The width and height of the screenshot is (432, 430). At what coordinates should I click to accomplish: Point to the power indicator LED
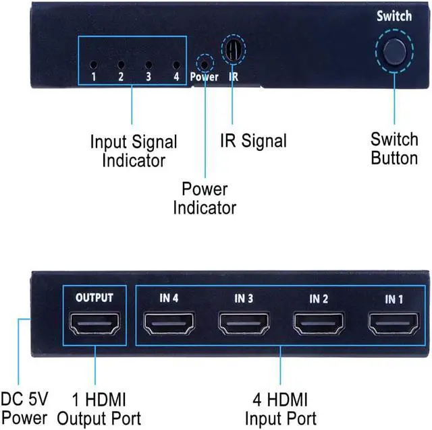(x=204, y=65)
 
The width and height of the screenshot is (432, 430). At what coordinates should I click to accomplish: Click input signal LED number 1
(x=94, y=65)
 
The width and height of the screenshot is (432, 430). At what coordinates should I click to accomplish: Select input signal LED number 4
(x=175, y=65)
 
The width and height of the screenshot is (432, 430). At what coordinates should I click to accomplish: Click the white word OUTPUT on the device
(x=94, y=297)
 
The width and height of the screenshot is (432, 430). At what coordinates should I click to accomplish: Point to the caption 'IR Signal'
(x=253, y=141)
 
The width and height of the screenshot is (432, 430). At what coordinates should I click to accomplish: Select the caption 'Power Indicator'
(x=205, y=198)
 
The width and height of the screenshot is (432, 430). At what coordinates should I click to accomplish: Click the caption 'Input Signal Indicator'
(x=134, y=152)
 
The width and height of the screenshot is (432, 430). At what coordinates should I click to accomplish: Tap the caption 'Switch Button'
(x=394, y=149)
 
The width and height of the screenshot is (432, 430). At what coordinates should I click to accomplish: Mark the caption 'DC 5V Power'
(x=24, y=408)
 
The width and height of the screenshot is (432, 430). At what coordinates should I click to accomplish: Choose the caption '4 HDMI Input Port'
(x=280, y=408)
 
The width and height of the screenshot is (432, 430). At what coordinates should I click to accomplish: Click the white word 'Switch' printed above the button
(x=394, y=16)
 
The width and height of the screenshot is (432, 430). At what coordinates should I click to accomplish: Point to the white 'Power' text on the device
(x=204, y=77)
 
